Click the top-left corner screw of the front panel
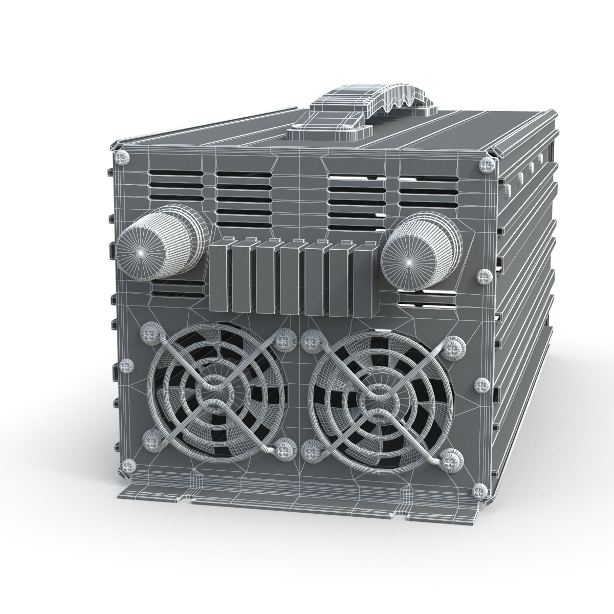pos(122,157)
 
